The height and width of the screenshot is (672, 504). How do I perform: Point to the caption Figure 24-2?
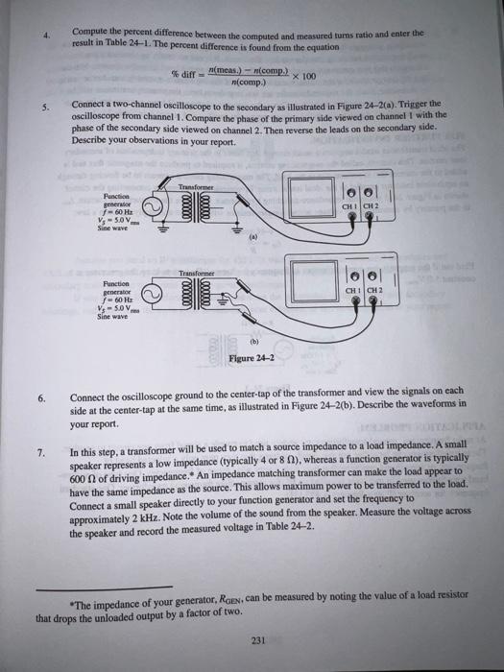(x=252, y=360)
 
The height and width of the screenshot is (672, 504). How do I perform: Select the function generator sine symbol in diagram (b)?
(x=152, y=296)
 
